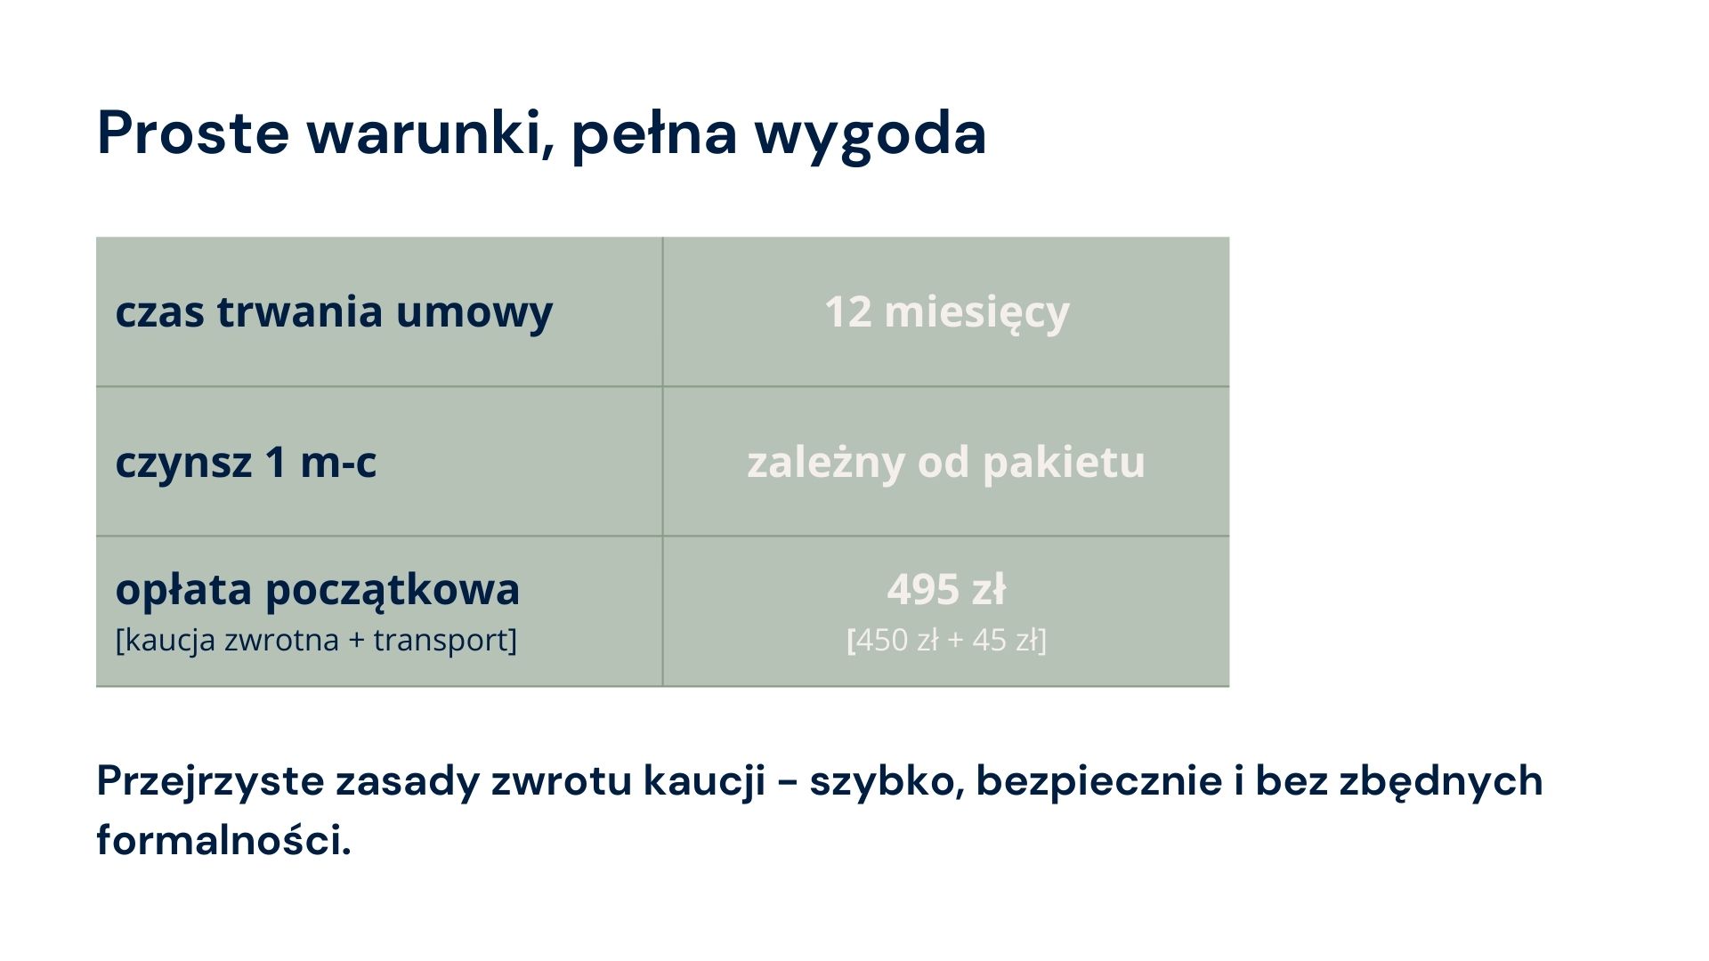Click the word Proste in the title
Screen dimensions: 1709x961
[x=193, y=133]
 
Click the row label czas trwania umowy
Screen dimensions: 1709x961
[x=334, y=312]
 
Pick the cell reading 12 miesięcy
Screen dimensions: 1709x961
[x=946, y=312]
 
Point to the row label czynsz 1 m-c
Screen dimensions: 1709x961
[x=246, y=462]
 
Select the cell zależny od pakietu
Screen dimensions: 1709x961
[x=946, y=462]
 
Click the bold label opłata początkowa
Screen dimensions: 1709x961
[x=318, y=590]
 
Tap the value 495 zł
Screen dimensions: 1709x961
[x=946, y=589]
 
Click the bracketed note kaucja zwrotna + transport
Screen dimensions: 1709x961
[x=316, y=640]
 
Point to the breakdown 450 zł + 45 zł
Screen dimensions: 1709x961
[x=946, y=640]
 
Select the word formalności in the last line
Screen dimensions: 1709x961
[x=223, y=838]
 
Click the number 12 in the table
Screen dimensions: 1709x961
[x=847, y=312]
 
